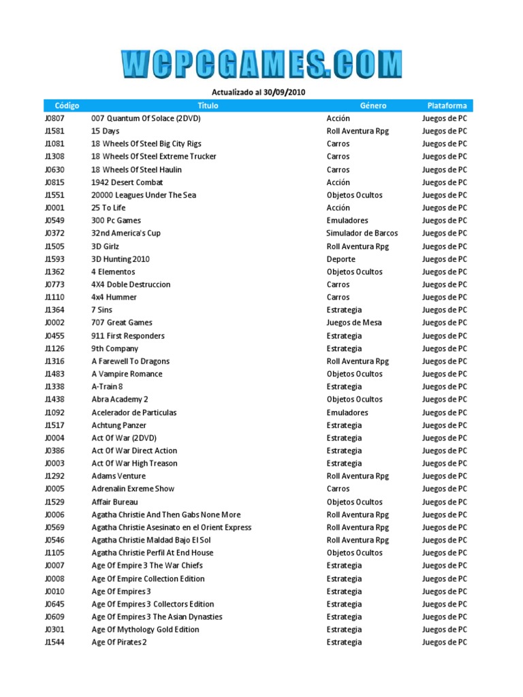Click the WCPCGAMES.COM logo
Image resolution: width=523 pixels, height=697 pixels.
pyautogui.click(x=262, y=64)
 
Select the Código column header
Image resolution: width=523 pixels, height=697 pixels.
pyautogui.click(x=67, y=106)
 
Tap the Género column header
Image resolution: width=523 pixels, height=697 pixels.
pyautogui.click(x=373, y=106)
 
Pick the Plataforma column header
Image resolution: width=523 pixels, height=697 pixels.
pyautogui.click(x=447, y=106)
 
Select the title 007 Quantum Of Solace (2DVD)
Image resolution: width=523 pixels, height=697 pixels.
pyautogui.click(x=146, y=118)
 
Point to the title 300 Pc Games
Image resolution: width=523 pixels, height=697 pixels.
pyautogui.click(x=116, y=221)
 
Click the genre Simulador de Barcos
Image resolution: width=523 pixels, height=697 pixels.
pyautogui.click(x=362, y=233)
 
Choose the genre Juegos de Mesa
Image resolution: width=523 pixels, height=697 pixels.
pyautogui.click(x=353, y=323)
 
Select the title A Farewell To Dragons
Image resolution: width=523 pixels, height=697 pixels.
pyautogui.click(x=130, y=361)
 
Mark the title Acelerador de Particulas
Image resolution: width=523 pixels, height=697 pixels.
pyautogui.click(x=133, y=412)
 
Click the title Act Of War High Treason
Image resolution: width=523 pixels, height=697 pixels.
pyautogui.click(x=134, y=464)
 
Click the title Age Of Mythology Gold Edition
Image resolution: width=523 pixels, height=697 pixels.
pyautogui.click(x=145, y=630)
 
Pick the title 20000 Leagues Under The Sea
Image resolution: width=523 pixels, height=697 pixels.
pyautogui.click(x=144, y=195)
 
